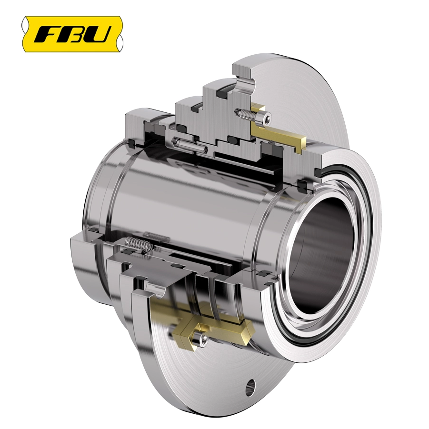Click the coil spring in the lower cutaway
[138, 243]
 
